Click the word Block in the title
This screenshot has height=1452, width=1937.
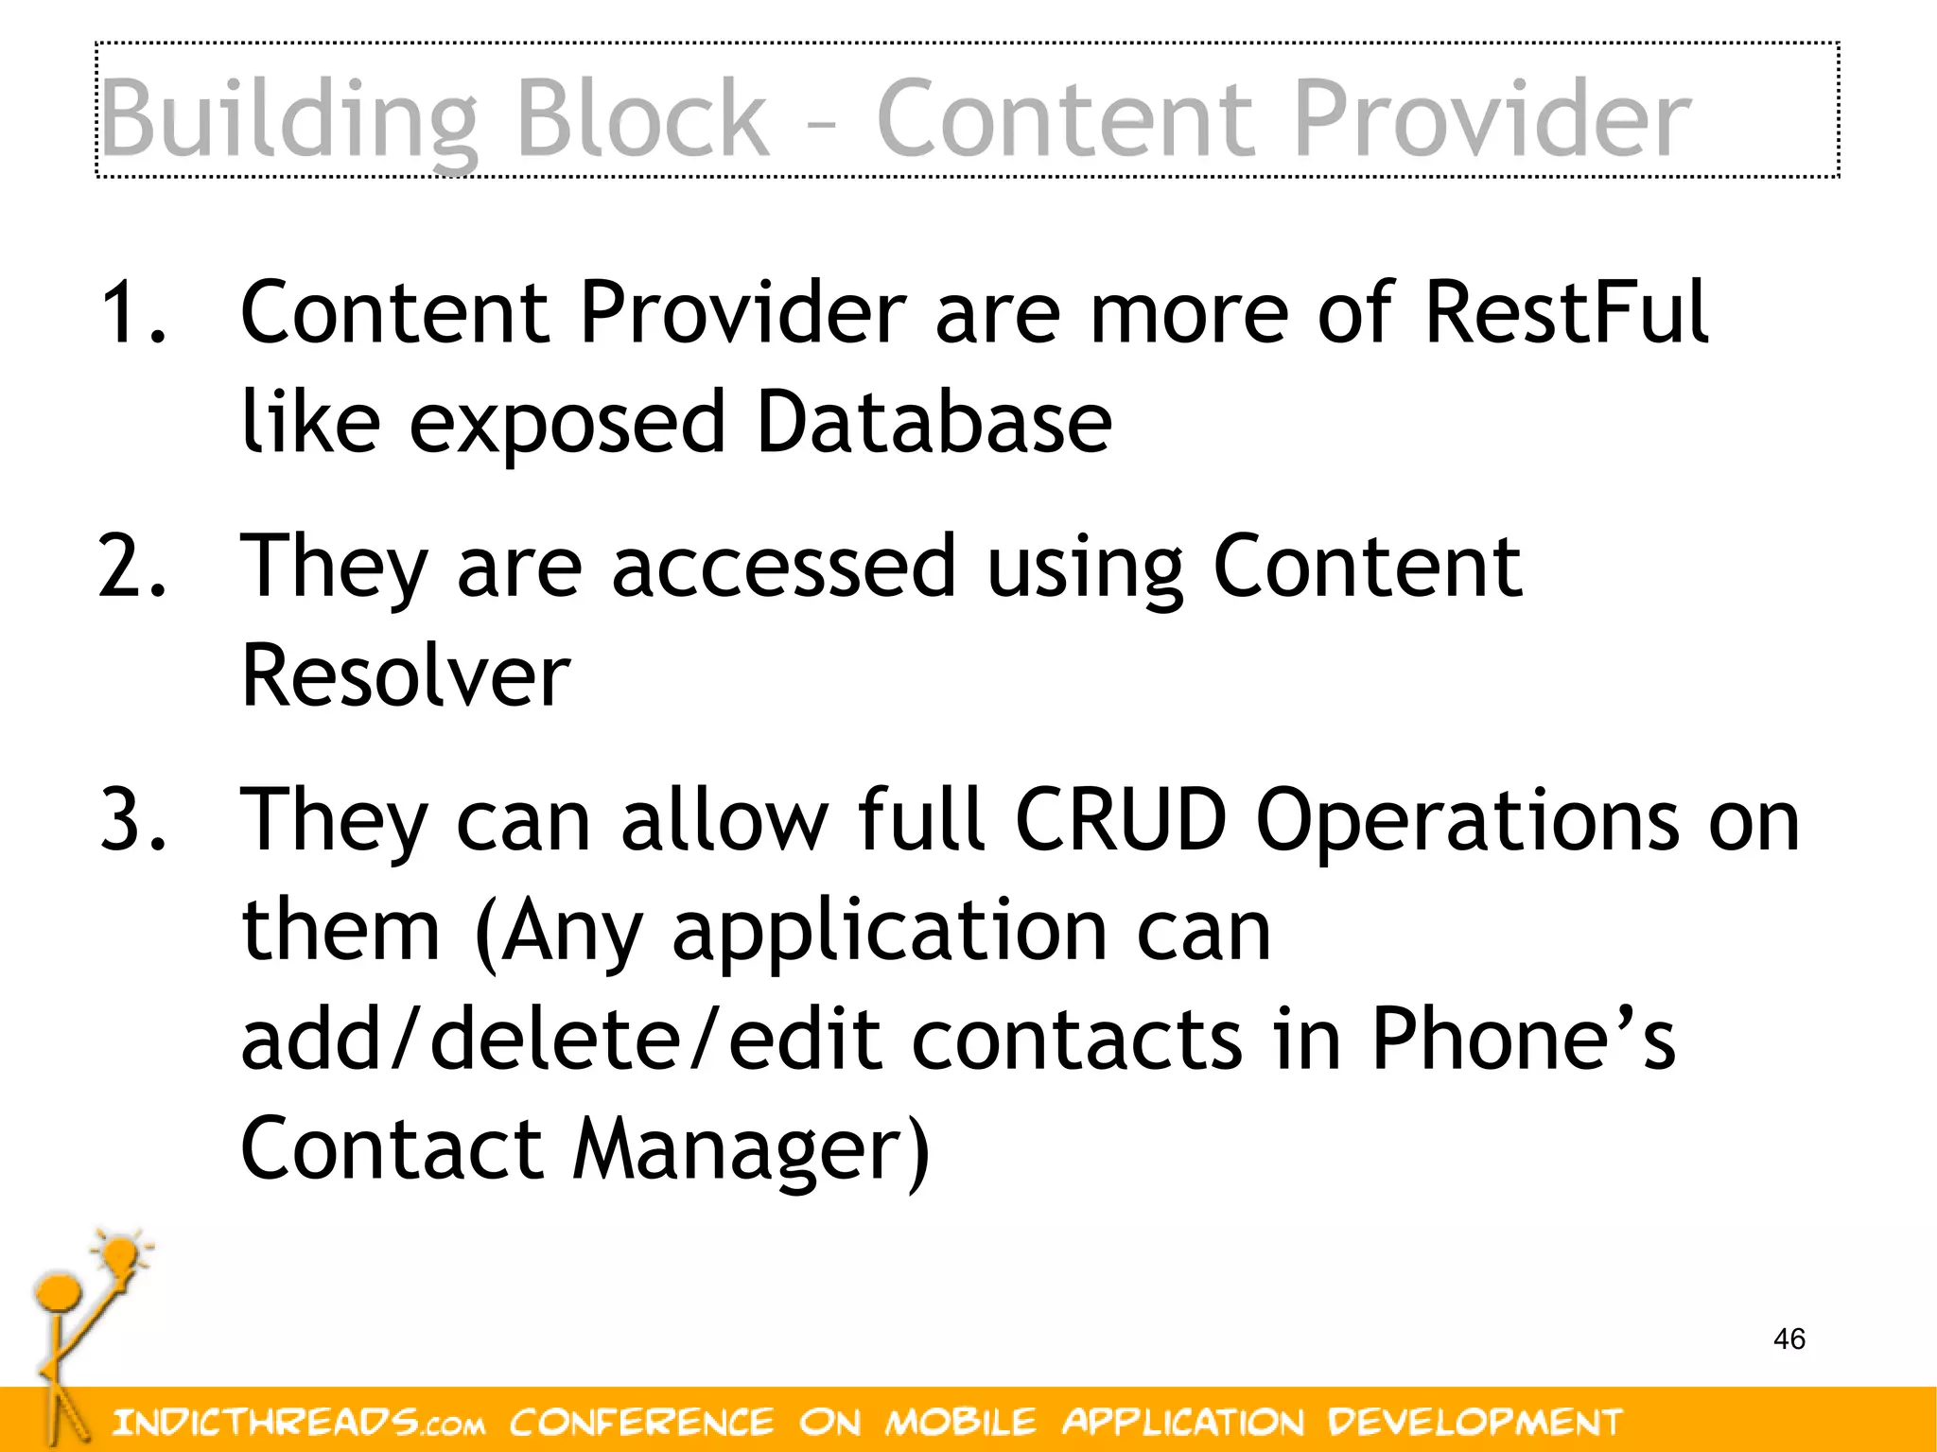point(642,118)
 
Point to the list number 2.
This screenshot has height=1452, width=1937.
point(132,566)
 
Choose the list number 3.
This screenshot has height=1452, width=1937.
point(132,819)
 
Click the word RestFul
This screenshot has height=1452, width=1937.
point(1565,312)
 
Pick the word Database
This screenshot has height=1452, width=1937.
point(934,422)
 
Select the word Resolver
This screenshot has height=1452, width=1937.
point(406,675)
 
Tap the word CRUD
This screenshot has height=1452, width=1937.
point(1121,819)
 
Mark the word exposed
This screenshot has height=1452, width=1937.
point(567,424)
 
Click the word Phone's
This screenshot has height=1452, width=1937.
point(1523,1039)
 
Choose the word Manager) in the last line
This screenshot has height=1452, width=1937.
point(752,1150)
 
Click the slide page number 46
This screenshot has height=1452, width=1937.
point(1789,1338)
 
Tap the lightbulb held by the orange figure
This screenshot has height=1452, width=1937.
point(120,1258)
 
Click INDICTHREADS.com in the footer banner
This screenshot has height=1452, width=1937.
point(299,1422)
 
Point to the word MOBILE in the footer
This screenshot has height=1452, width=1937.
point(961,1422)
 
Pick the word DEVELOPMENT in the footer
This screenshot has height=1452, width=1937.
point(1475,1422)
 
